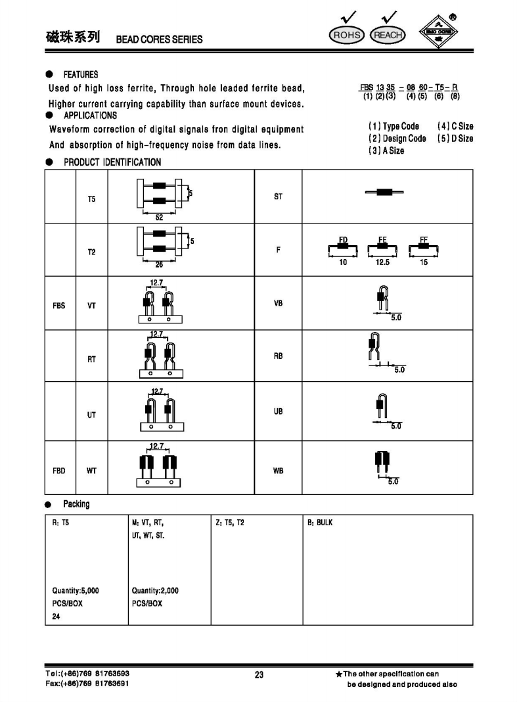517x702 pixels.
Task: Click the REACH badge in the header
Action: click(x=388, y=35)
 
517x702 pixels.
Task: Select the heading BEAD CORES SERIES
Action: click(x=159, y=39)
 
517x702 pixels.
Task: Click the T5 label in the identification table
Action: click(x=91, y=198)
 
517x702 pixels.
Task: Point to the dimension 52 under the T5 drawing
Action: click(x=159, y=218)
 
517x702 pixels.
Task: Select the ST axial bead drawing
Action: click(x=384, y=192)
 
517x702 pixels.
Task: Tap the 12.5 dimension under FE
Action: click(x=382, y=262)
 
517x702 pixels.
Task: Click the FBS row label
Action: click(x=59, y=306)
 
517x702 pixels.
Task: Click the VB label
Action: click(x=278, y=304)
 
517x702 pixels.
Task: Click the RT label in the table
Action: click(x=92, y=359)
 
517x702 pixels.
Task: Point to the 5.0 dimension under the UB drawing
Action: click(x=396, y=427)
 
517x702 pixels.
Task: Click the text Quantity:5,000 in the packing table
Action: click(x=76, y=590)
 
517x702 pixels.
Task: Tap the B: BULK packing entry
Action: click(x=320, y=523)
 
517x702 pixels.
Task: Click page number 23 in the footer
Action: click(x=259, y=674)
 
